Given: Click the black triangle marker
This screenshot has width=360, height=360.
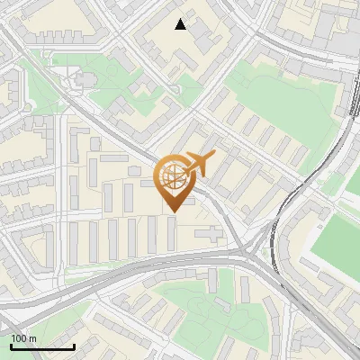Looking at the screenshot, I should pyautogui.click(x=181, y=24).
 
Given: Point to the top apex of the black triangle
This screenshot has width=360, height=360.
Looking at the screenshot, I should pyautogui.click(x=181, y=19).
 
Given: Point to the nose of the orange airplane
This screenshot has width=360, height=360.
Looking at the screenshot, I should pyautogui.click(x=214, y=155).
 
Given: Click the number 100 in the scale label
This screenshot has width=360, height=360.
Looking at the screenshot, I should pyautogui.click(x=19, y=338).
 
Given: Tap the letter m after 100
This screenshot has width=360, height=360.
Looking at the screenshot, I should pyautogui.click(x=32, y=338).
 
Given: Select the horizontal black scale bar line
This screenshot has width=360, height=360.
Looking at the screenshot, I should pyautogui.click(x=42, y=346).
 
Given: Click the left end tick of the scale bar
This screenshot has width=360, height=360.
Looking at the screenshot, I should pyautogui.click(x=11, y=345).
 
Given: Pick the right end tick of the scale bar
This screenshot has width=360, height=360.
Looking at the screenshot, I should pyautogui.click(x=74, y=345).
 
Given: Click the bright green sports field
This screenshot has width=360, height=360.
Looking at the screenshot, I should pyautogui.click(x=335, y=238).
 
